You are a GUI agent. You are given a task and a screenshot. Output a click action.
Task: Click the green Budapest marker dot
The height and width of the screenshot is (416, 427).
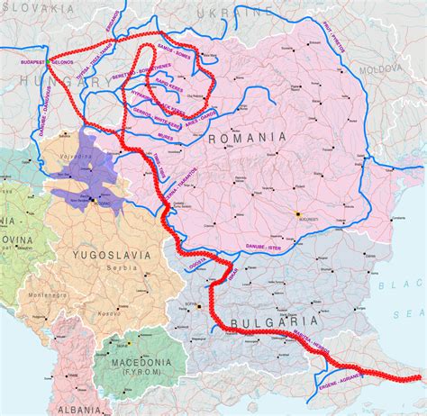coord(46,60)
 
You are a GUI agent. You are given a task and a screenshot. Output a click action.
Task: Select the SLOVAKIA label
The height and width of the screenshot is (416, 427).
coord(38,7)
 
